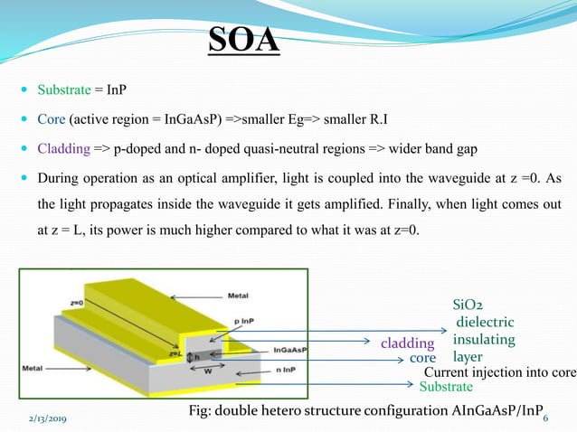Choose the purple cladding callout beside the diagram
(x=407, y=343)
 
